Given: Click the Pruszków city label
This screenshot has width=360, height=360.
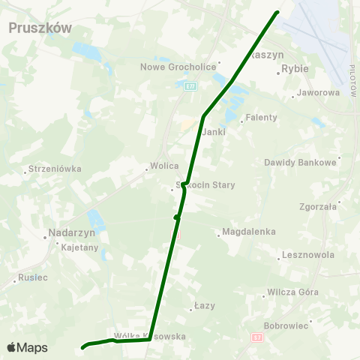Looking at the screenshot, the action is [40, 28].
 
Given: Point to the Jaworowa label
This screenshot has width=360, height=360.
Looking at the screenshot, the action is [318, 93].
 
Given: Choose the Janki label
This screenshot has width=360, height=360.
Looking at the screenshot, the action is [214, 131].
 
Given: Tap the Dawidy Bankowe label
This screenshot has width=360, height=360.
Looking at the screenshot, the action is [300, 162].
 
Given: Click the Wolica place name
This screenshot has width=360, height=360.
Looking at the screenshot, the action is [164, 166].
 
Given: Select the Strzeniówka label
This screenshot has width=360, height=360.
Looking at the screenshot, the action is [54, 169].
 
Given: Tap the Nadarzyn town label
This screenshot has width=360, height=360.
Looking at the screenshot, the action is [69, 232].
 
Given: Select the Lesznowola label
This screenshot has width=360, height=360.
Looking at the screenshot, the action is [308, 255].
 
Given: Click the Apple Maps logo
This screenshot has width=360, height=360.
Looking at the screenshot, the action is [27, 347].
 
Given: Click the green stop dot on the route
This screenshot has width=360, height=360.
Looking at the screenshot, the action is [176, 217].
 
